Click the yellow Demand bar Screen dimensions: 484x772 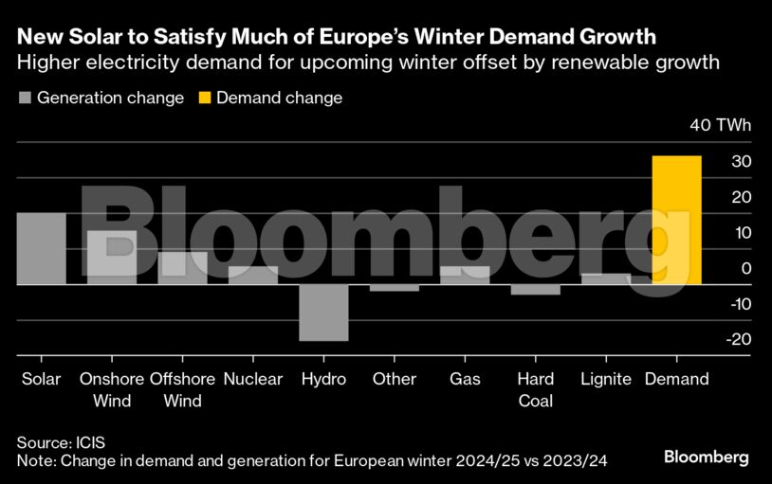click(677, 220)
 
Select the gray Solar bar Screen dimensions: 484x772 click(41, 248)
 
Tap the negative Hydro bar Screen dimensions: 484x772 click(323, 313)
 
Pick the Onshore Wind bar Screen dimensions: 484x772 click(112, 257)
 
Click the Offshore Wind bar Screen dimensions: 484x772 click(182, 268)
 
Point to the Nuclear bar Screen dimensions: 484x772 click(253, 275)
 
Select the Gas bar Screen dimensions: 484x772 click(465, 275)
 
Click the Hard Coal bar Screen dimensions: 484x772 click(536, 290)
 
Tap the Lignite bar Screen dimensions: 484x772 click(606, 278)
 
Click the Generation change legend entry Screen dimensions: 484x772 click(101, 98)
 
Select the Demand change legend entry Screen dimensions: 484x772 click(269, 98)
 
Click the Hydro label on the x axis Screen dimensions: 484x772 click(323, 379)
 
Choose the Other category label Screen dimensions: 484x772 click(395, 379)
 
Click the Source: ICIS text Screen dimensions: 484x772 click(59, 442)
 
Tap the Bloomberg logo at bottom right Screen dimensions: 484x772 click(706, 457)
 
